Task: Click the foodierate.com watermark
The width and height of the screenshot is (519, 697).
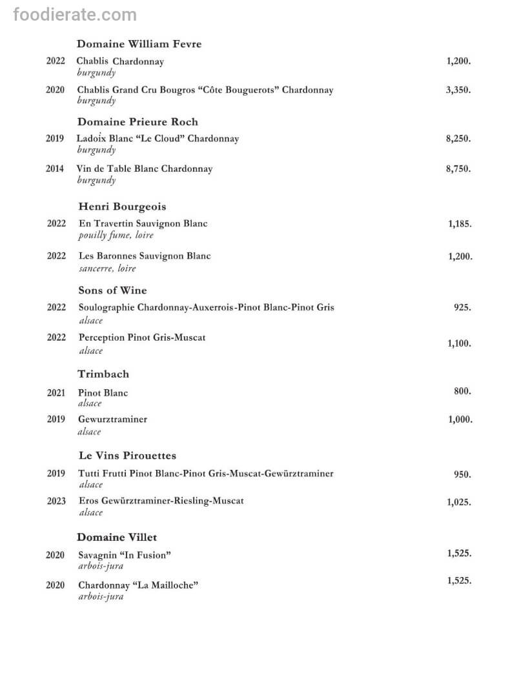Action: coord(75,15)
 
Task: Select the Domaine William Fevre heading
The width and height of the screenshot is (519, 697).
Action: coord(139,44)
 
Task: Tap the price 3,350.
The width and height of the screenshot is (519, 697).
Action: coord(458,90)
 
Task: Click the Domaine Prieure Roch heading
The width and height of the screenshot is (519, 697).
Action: coord(137,122)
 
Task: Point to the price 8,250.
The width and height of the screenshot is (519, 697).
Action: coord(458,139)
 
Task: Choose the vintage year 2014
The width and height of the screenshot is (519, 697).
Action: coord(55,169)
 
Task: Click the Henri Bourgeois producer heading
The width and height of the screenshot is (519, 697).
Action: coord(122,207)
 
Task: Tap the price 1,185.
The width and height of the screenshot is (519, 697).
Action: coord(460,225)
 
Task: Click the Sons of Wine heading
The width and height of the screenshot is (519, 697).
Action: coord(112,290)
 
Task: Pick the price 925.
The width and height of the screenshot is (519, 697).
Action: coord(462,308)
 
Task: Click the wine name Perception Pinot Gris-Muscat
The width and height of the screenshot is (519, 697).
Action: coord(142,338)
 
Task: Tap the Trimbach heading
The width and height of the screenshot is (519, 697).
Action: coord(103,374)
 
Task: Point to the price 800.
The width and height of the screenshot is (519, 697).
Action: coord(462,391)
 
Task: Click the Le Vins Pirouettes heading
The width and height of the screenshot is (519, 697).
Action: coord(127,456)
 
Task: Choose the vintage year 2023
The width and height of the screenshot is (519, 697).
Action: coord(56,501)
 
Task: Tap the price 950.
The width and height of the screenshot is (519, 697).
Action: coord(462,475)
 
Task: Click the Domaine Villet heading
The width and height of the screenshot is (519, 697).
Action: coord(117,537)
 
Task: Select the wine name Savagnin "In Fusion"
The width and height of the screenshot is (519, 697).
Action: coord(125,555)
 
